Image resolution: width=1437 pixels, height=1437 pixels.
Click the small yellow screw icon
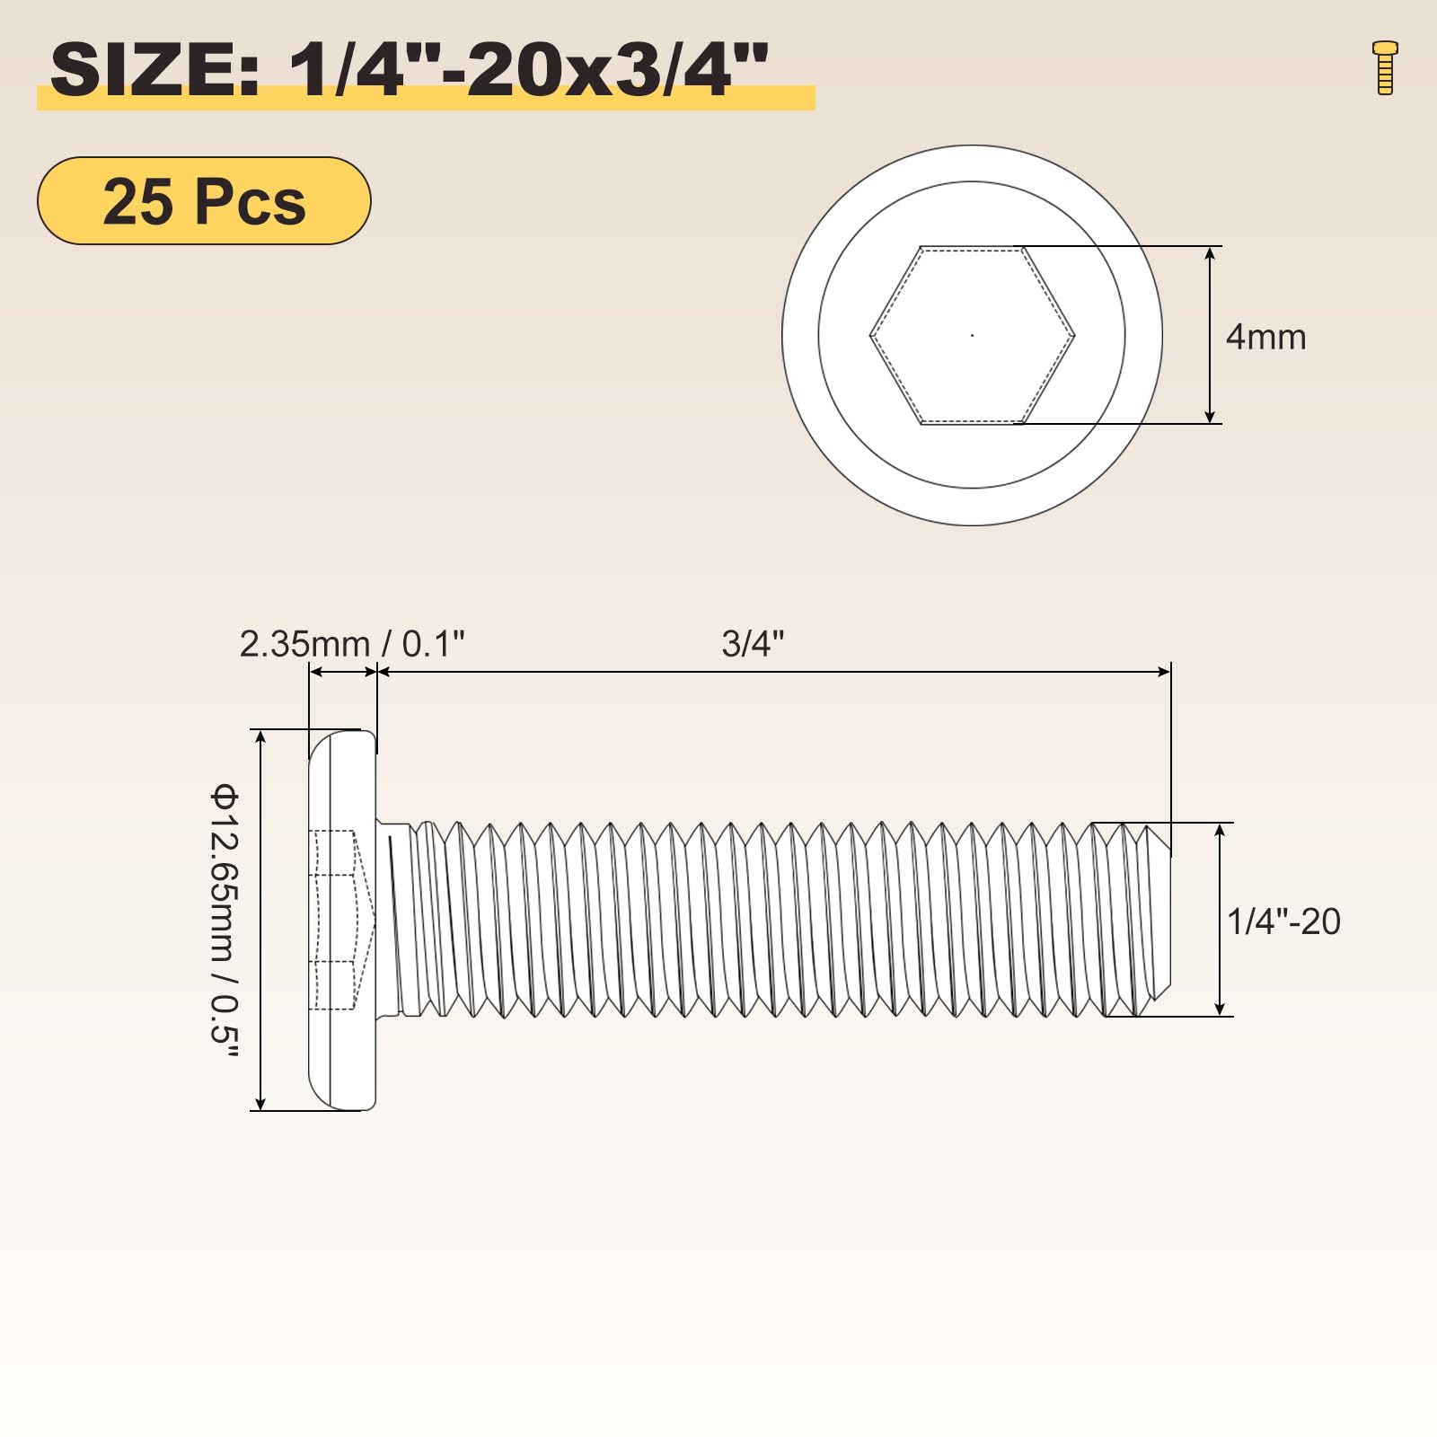(1385, 67)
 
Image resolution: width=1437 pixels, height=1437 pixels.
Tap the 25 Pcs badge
(204, 200)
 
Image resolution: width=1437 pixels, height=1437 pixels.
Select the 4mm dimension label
(1265, 337)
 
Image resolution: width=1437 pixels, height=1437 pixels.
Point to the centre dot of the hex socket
(972, 335)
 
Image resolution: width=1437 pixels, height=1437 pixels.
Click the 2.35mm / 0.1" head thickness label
(352, 644)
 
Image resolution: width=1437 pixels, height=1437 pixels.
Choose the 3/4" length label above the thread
(753, 644)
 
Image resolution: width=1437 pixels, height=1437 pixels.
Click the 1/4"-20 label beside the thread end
(1283, 921)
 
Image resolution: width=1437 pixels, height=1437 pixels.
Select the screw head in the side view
(342, 920)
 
